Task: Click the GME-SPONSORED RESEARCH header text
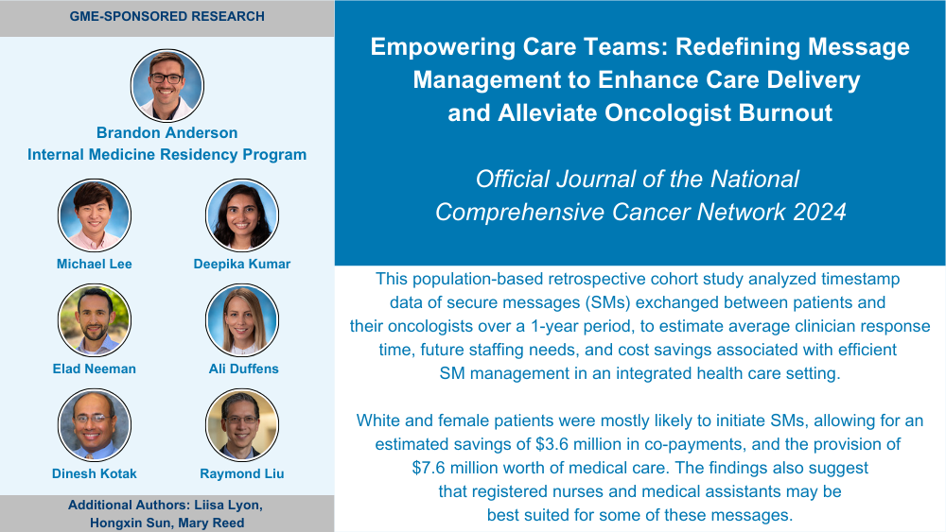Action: tap(167, 16)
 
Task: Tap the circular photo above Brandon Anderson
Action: tap(167, 86)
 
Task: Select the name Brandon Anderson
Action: tap(167, 132)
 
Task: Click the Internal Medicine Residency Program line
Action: tap(167, 155)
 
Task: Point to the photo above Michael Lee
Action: tap(94, 215)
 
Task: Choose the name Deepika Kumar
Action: tap(242, 264)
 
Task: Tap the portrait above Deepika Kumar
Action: tap(242, 215)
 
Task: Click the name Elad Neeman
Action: tap(94, 369)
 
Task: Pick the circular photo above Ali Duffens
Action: tap(242, 320)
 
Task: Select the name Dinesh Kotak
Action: tap(94, 473)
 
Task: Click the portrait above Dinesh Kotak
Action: tap(94, 425)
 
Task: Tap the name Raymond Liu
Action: tap(242, 473)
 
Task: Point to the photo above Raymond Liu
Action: tap(242, 425)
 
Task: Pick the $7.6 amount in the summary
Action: tap(429, 468)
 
